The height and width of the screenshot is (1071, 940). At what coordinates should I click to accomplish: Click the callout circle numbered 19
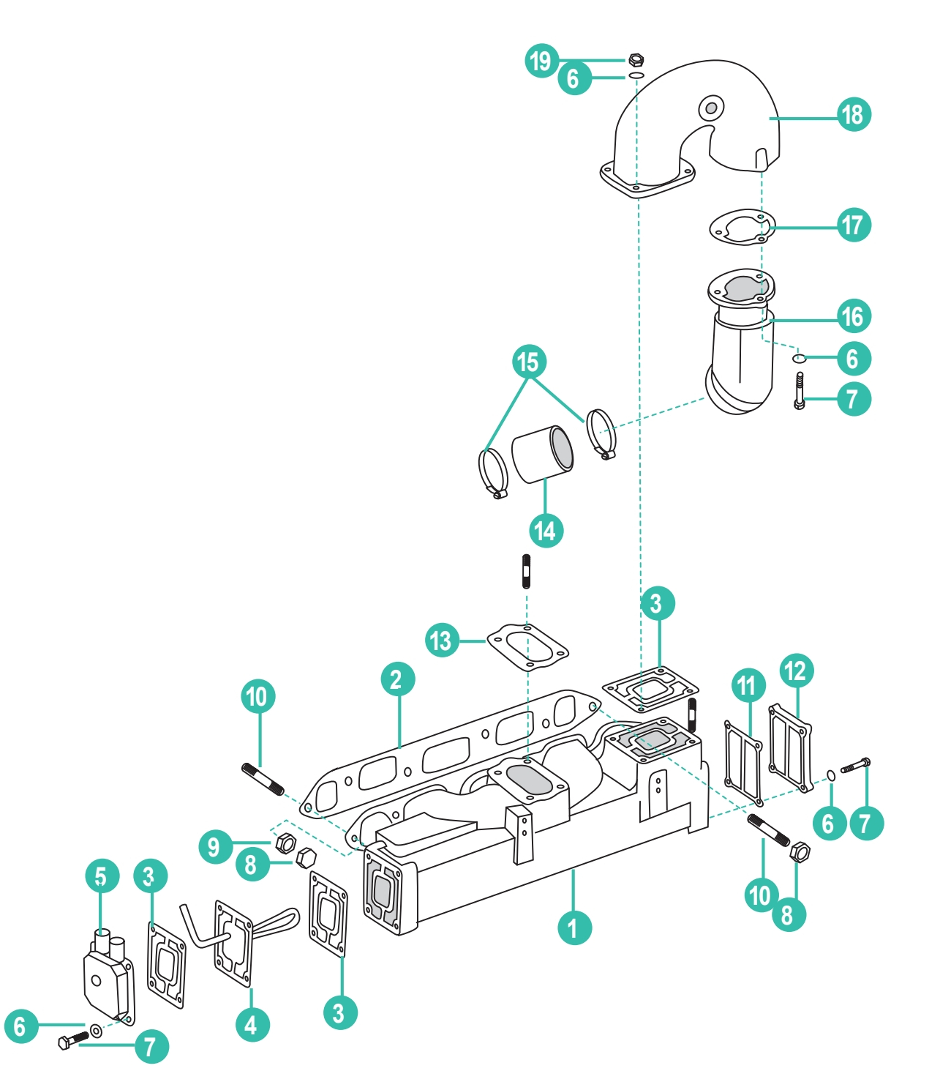tap(541, 60)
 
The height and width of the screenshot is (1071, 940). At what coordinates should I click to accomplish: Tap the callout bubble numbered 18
tap(854, 115)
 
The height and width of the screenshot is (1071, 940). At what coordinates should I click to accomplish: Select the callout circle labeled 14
tap(546, 530)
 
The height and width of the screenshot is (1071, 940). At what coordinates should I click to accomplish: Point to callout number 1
tap(574, 928)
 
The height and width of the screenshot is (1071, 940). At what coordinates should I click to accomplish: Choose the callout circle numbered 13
tap(442, 641)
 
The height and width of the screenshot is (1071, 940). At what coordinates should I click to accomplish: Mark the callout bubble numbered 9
tap(215, 847)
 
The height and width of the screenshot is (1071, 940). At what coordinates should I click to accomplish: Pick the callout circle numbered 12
tap(797, 671)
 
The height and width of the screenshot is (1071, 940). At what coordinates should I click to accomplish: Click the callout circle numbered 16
tap(854, 316)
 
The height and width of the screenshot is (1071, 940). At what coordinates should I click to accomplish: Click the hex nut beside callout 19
tap(636, 59)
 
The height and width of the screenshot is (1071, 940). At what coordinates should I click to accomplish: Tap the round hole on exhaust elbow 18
tap(710, 108)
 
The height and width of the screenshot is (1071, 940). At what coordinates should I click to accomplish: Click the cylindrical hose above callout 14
tap(542, 455)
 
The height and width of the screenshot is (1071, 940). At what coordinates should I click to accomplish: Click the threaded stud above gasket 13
tap(526, 572)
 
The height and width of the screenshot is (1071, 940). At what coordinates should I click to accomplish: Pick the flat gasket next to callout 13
tap(527, 646)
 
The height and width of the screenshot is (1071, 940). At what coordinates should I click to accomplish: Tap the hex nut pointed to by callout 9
tap(285, 843)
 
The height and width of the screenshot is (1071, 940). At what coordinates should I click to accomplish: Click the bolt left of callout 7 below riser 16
tap(800, 390)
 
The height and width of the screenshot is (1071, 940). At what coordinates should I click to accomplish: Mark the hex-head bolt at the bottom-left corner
tap(72, 1040)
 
